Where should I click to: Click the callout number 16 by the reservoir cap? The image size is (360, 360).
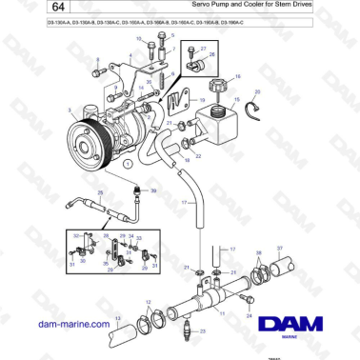pyautogui.click(x=238, y=74)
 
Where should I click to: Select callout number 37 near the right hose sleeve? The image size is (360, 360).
pyautogui.click(x=280, y=248)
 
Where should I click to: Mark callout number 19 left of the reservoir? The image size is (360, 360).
pyautogui.click(x=203, y=99)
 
